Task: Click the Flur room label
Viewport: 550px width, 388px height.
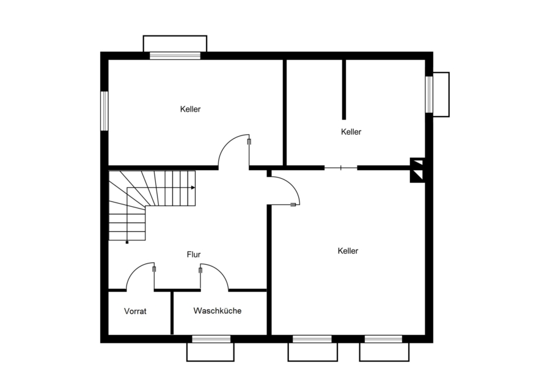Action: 194,254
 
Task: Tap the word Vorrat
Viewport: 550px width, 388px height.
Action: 135,311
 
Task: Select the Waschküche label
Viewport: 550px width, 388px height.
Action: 217,311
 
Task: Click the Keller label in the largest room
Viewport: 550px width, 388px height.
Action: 348,251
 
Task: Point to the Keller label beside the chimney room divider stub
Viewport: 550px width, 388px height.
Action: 351,132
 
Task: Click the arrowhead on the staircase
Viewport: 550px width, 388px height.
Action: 193,188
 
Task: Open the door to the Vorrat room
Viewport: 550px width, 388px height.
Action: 141,276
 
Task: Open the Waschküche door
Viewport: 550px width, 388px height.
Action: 214,277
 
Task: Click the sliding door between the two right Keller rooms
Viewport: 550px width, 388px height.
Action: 340,168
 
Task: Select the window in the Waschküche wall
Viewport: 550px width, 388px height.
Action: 211,339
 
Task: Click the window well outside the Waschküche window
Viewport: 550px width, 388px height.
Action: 210,352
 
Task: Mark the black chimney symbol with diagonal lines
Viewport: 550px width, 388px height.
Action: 417,170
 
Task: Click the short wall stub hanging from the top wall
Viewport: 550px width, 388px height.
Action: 344,90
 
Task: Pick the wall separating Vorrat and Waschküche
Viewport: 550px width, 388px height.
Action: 172,312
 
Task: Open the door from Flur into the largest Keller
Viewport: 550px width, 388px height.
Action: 284,190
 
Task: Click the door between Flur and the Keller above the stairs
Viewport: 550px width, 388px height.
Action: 234,151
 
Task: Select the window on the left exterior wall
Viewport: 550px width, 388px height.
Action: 104,111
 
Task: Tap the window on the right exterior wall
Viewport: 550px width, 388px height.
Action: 429,94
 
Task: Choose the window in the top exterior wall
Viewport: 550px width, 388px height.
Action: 175,56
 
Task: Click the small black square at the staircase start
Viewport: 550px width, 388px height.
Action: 127,242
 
